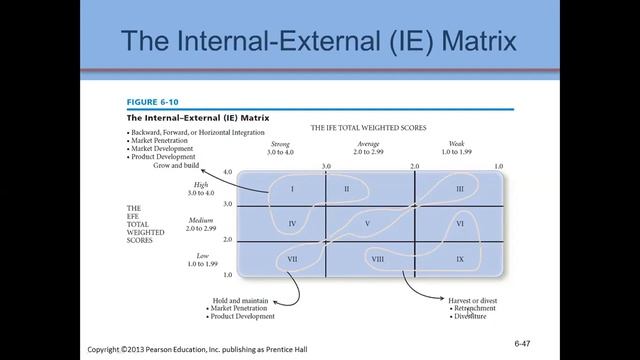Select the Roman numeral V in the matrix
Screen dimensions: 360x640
click(x=368, y=223)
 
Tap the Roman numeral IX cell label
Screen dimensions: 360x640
click(x=459, y=260)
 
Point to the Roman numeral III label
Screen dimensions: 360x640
click(x=459, y=188)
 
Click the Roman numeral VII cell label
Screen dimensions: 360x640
click(x=292, y=260)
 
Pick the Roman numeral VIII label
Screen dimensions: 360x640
click(x=378, y=260)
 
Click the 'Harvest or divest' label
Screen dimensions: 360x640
click(x=471, y=299)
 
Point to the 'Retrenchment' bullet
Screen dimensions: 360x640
click(x=477, y=308)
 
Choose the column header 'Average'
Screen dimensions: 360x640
click(x=368, y=144)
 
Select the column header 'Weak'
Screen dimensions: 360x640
click(x=456, y=144)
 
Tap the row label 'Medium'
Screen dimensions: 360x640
click(x=202, y=220)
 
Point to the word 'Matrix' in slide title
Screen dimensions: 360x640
click(x=470, y=43)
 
